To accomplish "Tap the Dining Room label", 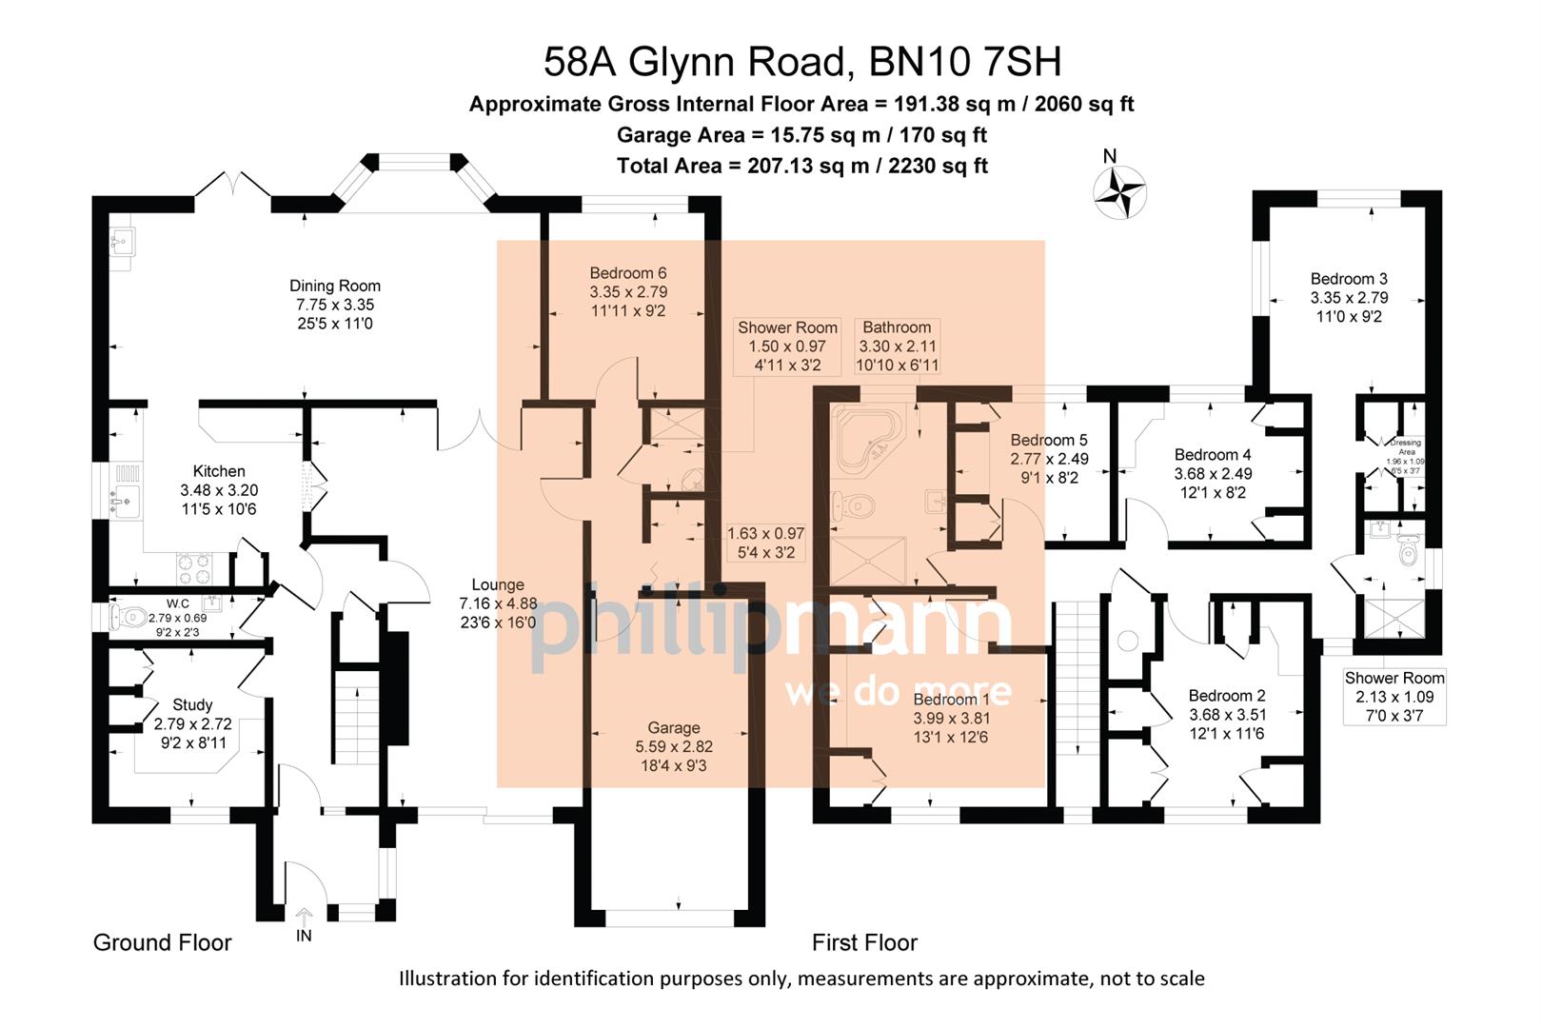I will pos(335,286).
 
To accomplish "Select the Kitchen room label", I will pos(219,471).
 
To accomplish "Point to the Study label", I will pos(192,705).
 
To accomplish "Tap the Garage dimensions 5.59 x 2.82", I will pos(674,747).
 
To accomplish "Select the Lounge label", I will pos(498,585).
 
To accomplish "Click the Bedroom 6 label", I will pos(627,273).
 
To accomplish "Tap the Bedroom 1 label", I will pos(951,700).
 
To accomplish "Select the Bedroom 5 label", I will pos(1049,440).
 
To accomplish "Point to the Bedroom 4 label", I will pos(1213,455).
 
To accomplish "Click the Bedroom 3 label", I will pos(1349,279).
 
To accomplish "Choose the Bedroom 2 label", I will pos(1227,696).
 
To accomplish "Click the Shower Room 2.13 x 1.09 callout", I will pos(1394,696).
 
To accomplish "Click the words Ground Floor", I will pos(163,942).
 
